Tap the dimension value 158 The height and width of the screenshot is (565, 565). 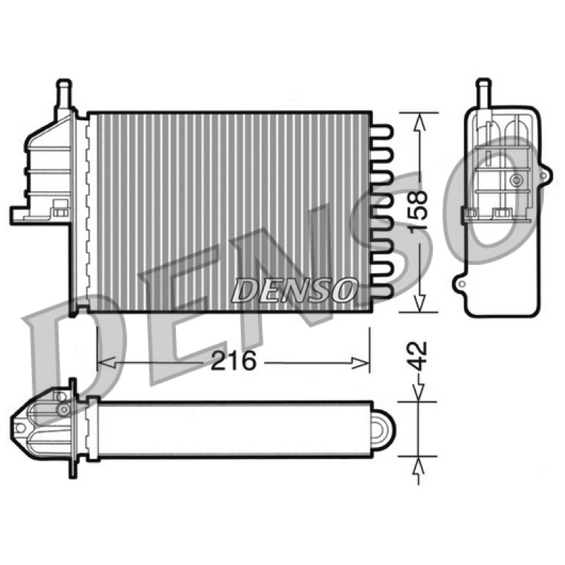pos(418,211)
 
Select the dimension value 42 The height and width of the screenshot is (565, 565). pos(418,357)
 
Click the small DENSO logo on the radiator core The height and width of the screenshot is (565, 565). pos(292,290)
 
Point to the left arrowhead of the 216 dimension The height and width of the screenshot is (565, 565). pos(107,363)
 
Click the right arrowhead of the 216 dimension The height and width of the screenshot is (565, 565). pos(361,363)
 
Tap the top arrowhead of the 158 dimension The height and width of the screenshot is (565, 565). pos(419,121)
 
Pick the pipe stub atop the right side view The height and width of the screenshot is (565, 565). pos(484,93)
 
